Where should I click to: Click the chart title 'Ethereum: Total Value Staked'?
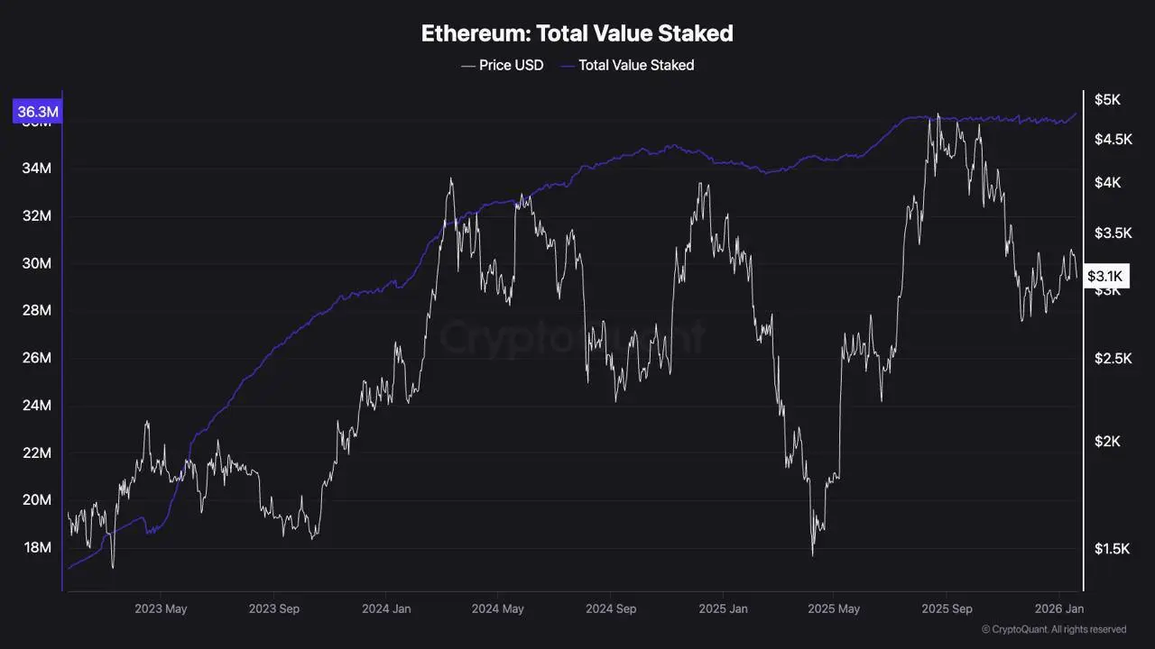577,34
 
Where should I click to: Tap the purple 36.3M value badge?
36,112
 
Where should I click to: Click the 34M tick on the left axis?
36,169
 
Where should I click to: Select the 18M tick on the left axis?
36,548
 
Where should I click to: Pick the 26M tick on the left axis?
36,358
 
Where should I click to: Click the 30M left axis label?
36,263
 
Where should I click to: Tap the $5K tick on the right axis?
1106,99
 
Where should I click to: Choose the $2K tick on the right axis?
1106,441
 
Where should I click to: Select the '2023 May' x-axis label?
161,608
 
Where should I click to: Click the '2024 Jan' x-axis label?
385,608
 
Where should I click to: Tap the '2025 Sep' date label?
947,608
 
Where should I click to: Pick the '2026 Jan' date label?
1059,608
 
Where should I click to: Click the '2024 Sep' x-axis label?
610,608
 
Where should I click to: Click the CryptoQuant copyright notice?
1053,629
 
